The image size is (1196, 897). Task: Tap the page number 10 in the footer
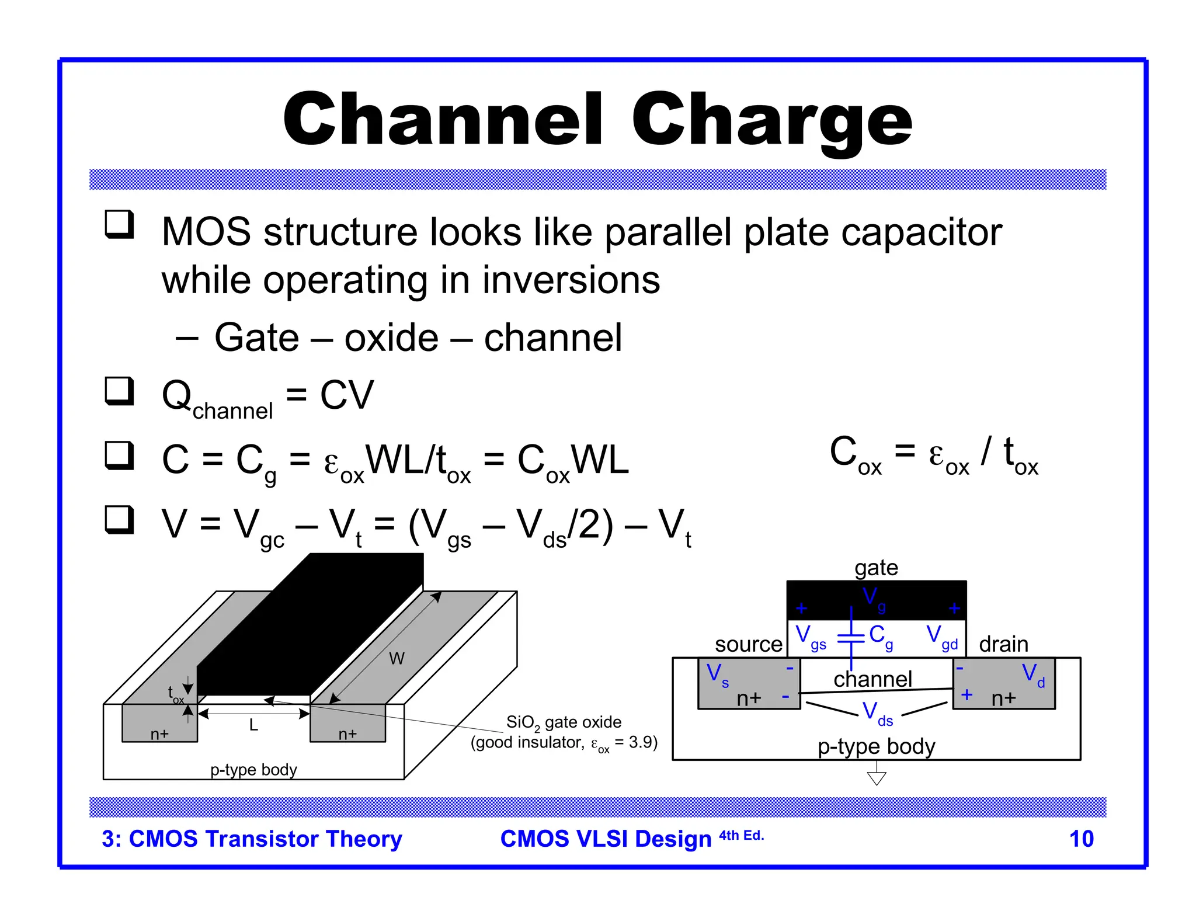coord(1081,839)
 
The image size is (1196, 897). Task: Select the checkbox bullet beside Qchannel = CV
coord(119,391)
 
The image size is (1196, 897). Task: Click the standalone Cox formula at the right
coord(933,455)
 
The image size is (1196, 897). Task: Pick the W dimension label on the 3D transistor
coord(397,659)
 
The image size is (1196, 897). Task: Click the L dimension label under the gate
coord(253,725)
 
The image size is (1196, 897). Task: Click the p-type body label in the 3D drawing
coord(253,770)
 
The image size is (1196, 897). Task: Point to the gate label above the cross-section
coord(876,568)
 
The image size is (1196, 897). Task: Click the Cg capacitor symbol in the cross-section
coord(851,638)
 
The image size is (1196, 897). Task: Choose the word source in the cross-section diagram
coord(748,644)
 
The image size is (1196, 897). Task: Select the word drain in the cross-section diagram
coord(1003,644)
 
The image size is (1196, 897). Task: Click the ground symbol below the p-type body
coord(877,777)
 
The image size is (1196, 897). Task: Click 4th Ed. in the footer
coord(741,836)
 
